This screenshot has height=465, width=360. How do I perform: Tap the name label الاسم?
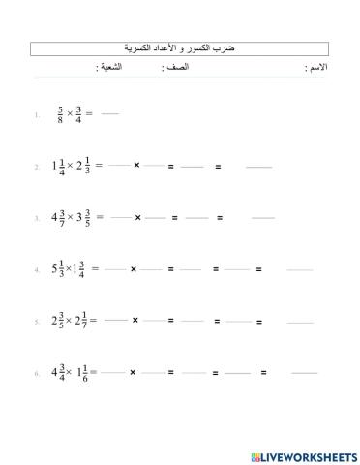(x=315, y=68)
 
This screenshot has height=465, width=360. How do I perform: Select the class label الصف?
(x=175, y=68)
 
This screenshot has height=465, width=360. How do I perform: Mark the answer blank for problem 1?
(x=108, y=115)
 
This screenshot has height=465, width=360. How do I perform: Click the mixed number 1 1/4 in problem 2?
(x=60, y=166)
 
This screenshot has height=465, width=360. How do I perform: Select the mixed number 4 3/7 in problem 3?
(x=60, y=217)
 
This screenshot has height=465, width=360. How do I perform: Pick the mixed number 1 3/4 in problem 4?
(x=84, y=268)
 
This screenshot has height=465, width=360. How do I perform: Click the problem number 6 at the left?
(x=36, y=372)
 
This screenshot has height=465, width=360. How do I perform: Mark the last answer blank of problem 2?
(x=258, y=167)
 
